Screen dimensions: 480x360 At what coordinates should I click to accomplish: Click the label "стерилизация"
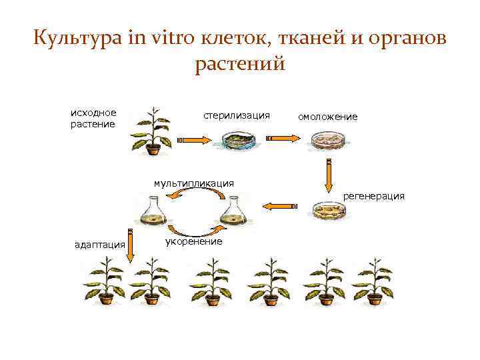click(x=237, y=115)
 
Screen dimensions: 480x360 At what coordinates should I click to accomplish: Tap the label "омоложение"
click(x=327, y=117)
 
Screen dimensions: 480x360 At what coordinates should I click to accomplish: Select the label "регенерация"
click(x=373, y=196)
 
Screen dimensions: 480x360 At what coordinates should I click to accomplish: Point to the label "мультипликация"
click(x=193, y=182)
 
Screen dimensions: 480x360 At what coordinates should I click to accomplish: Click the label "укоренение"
click(x=193, y=241)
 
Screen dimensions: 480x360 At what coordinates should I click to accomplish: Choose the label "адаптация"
click(x=100, y=245)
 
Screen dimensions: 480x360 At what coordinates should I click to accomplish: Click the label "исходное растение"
click(x=93, y=118)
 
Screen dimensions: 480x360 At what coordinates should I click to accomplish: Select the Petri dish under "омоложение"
click(x=327, y=140)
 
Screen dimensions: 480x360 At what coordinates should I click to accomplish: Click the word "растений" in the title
click(x=240, y=64)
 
